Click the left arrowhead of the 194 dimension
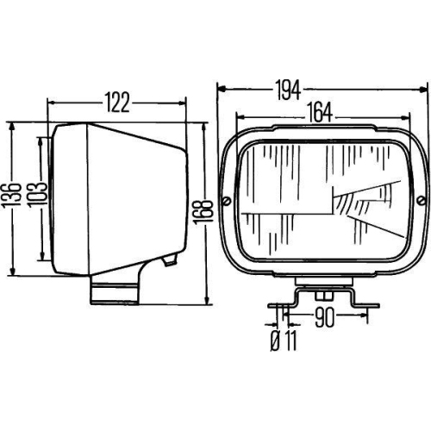pos(221,88)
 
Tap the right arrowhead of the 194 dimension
pos(424,88)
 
